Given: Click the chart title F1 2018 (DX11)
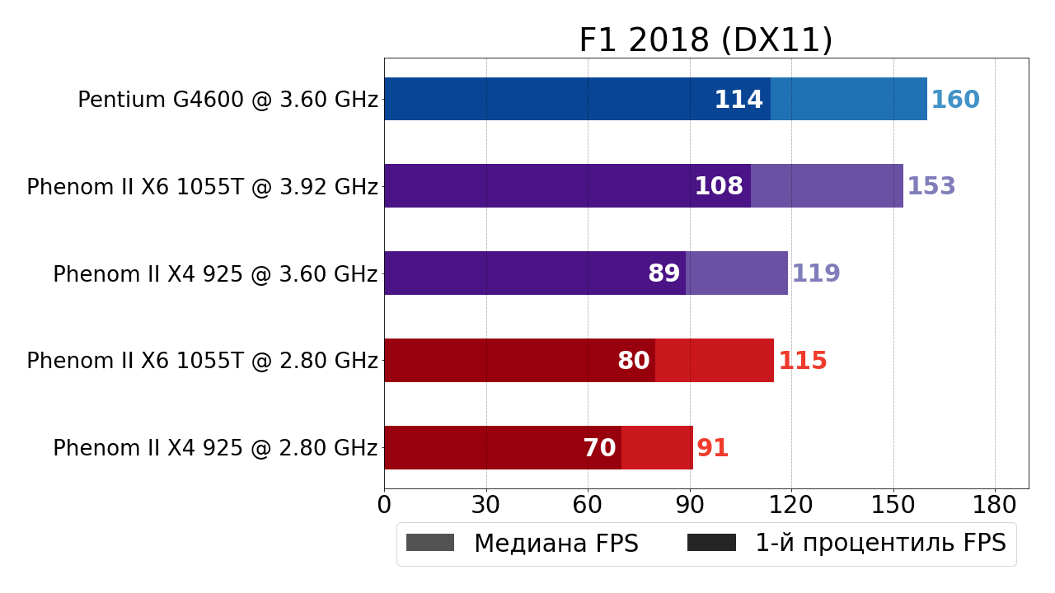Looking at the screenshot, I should (706, 40).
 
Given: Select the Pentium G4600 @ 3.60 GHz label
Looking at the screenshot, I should (227, 100).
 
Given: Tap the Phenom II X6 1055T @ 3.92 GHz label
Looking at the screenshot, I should (202, 188).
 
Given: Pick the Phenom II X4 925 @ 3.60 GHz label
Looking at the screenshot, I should (215, 275).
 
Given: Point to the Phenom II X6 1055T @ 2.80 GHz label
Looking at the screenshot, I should (202, 362).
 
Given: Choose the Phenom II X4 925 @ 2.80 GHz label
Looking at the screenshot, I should (215, 449).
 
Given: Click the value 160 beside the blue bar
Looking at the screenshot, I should (955, 100).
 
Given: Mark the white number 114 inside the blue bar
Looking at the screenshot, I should (738, 100).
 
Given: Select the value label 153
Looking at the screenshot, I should (931, 187).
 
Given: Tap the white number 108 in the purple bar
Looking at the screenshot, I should (719, 187).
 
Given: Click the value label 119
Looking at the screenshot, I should (816, 274).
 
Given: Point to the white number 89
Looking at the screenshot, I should (664, 274).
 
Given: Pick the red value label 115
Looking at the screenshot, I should (803, 362).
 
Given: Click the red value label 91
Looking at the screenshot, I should (713, 449).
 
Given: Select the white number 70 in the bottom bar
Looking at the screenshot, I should (600, 449).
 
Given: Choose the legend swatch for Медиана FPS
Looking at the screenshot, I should (430, 543).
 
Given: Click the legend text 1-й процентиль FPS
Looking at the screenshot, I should (880, 544).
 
